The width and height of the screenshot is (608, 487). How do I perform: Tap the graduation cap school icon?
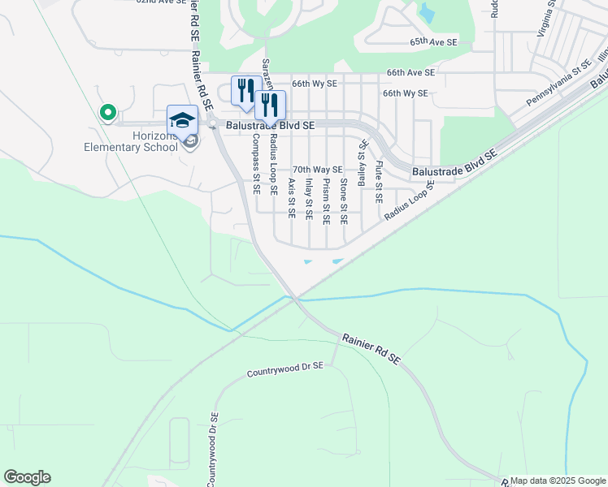182,120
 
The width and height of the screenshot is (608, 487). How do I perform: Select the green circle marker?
106,113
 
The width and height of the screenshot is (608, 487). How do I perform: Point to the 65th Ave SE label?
433,41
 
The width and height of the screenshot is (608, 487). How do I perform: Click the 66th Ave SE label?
410,72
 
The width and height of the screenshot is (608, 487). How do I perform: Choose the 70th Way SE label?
317,169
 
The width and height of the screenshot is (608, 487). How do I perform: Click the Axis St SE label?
291,199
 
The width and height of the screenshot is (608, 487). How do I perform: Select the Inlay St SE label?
308,200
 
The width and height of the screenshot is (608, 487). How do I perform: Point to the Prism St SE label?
325,201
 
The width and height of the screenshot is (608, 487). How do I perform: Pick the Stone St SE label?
344,201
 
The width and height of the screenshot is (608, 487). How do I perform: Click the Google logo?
27,477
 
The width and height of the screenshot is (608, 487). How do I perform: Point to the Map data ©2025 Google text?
558,481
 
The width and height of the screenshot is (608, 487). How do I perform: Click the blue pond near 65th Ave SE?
426,12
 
